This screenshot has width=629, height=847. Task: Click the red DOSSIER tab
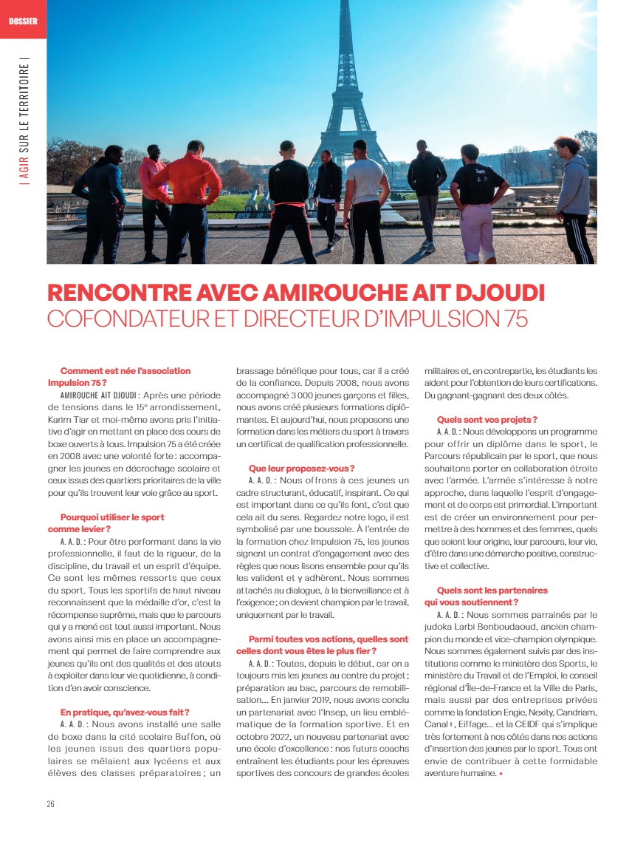coord(23,19)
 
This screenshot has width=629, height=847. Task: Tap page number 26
coord(51,803)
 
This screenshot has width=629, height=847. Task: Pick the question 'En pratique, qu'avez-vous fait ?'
coord(125,712)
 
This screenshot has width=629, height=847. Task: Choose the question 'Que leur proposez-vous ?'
coord(301,468)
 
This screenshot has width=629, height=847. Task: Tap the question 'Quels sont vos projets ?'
coord(487,419)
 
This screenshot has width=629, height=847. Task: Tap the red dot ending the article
coord(501,774)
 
